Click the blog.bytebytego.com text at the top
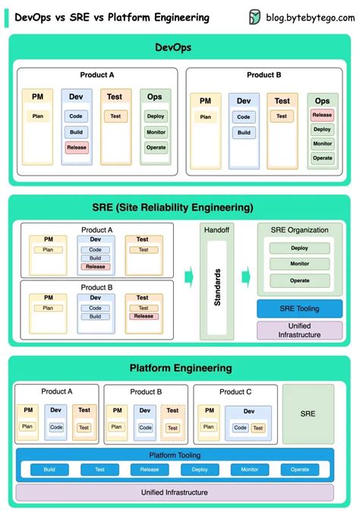coord(308,17)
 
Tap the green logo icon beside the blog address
coord(255,17)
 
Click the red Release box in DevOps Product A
coord(76,147)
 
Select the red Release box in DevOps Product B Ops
coord(322,116)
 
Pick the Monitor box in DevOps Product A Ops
coord(156,131)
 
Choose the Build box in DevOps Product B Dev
coord(243,132)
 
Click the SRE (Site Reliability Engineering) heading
coord(180,207)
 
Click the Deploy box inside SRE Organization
coord(299,248)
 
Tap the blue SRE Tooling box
coord(299,309)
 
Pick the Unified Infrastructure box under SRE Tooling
coord(299,330)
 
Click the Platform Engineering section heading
coord(180,368)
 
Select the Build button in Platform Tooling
coord(49,470)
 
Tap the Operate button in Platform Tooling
coord(299,470)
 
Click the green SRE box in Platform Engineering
coord(308,414)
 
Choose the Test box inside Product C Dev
coord(257,428)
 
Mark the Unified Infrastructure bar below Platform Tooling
coord(175,492)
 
